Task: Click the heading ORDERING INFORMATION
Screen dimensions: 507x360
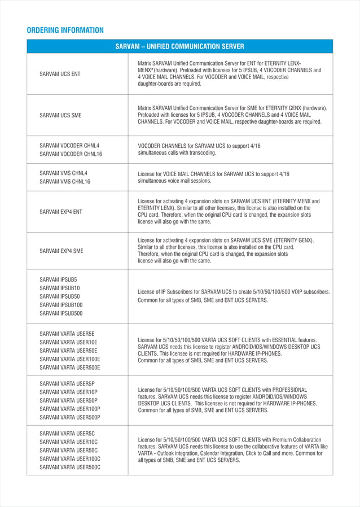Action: point(65,30)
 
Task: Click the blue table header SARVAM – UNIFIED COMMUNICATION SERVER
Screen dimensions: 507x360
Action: point(179,46)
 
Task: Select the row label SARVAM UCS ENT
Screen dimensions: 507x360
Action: point(60,74)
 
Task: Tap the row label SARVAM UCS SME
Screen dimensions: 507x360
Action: point(60,115)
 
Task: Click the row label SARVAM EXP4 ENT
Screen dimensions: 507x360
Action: point(61,212)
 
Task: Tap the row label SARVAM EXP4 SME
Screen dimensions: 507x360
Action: point(62,251)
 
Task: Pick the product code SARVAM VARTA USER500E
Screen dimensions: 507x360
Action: point(70,367)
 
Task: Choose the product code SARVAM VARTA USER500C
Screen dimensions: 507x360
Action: point(70,467)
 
